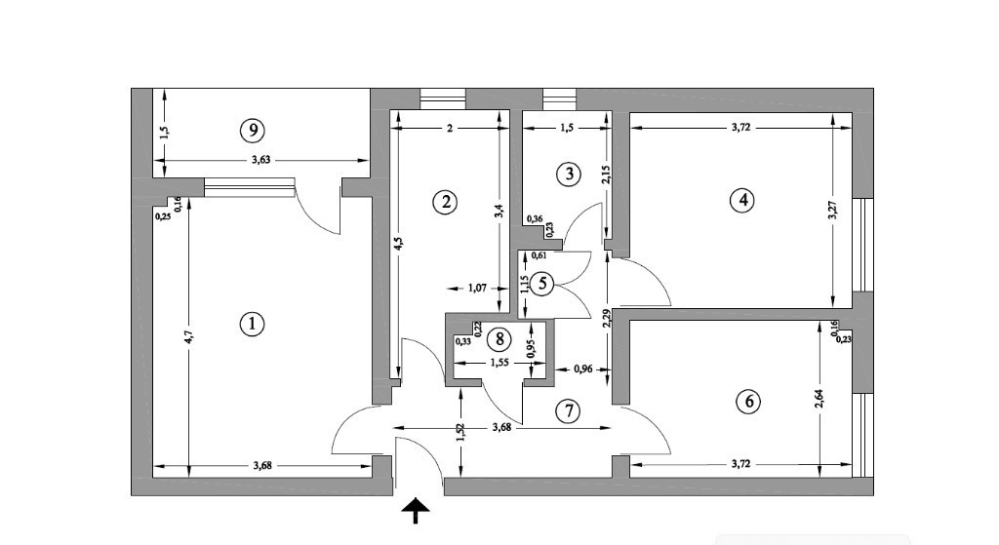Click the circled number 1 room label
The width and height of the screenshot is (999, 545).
[252, 325]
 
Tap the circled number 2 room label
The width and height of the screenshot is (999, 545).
[445, 203]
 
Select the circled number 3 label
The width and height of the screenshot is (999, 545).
[568, 175]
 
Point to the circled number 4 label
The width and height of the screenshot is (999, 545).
[742, 200]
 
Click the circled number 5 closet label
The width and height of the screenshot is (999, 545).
[543, 284]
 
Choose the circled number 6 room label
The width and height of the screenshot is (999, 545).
[748, 402]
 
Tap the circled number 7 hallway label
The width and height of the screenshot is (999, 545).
[567, 411]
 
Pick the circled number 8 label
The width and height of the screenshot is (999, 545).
[499, 339]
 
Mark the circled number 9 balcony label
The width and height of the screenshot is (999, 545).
[252, 129]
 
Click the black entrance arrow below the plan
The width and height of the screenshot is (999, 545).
[416, 509]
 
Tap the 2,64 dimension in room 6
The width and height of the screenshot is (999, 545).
[819, 399]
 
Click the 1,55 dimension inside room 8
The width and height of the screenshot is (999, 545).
[498, 362]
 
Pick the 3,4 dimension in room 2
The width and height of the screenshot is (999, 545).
[499, 209]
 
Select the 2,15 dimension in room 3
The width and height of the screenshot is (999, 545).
[605, 175]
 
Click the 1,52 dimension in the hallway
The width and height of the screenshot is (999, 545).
[461, 429]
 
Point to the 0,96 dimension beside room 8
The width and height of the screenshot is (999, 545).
[582, 370]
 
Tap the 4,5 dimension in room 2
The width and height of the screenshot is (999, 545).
[397, 243]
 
